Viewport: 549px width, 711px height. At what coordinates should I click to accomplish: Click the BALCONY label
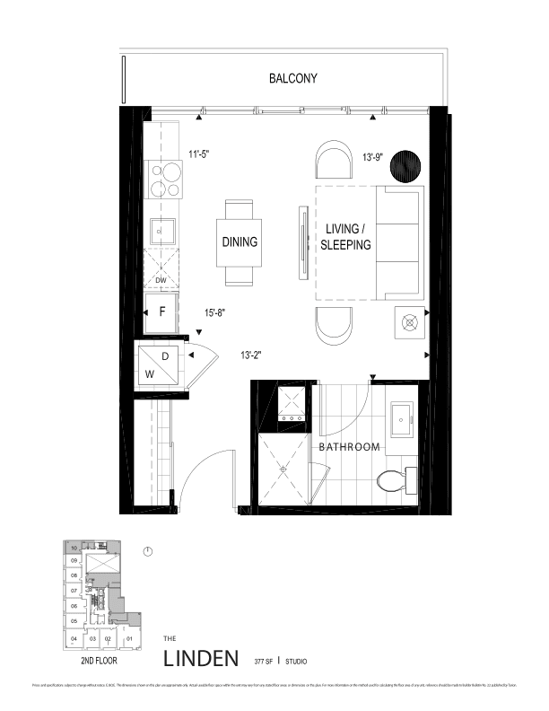pyautogui.click(x=293, y=79)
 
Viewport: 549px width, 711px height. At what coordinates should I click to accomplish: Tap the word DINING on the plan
pyautogui.click(x=240, y=242)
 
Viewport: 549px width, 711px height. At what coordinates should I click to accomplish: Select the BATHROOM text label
pyautogui.click(x=349, y=446)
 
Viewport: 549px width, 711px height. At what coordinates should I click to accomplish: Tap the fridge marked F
pyautogui.click(x=162, y=313)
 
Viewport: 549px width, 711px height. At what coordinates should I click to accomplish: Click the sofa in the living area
pyautogui.click(x=399, y=242)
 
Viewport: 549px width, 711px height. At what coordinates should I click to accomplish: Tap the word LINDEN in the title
pyautogui.click(x=202, y=658)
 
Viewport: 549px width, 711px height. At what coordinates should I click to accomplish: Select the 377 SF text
pyautogui.click(x=264, y=661)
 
